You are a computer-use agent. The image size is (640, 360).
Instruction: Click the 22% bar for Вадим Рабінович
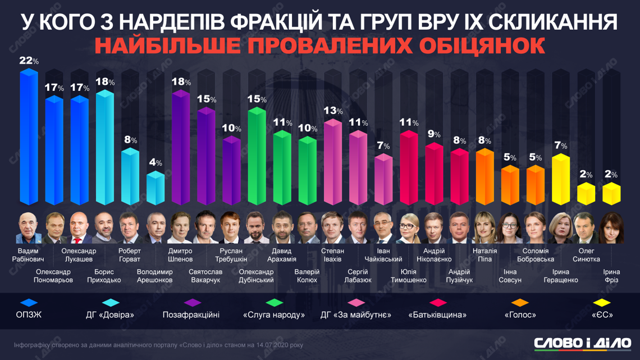(29, 138)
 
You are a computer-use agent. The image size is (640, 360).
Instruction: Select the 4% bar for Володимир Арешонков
(156, 188)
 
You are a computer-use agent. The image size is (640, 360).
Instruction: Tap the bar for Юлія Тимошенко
(408, 168)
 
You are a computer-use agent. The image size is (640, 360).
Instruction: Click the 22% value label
(29, 61)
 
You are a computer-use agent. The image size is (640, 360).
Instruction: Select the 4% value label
(156, 163)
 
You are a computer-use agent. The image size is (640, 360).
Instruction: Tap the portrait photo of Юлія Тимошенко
(408, 229)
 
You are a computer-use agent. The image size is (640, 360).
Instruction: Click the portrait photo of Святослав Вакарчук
(206, 229)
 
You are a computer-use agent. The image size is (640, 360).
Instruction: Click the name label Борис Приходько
(104, 276)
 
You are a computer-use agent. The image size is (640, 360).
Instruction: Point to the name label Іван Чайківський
(384, 256)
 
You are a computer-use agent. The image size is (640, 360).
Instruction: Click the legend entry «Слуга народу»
(274, 315)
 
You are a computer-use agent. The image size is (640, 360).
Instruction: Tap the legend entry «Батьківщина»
(438, 315)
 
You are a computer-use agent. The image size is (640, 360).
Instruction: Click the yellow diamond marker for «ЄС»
(601, 303)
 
